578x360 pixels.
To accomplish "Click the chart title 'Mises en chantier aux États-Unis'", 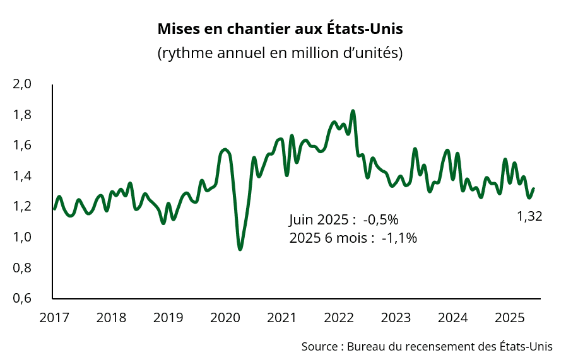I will (280, 29).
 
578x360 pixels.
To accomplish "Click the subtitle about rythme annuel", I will (280, 52).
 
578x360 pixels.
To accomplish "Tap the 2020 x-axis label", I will (225, 317).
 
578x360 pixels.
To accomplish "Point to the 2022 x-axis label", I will (339, 317).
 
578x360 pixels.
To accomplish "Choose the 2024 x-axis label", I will (454, 317).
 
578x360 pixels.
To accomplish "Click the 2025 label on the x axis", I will (511, 317).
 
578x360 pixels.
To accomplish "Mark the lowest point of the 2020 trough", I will (240, 249).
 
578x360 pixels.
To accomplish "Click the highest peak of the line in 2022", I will (353, 111).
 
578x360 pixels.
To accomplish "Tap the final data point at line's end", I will (533, 189).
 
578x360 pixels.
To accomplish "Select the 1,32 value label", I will (529, 216).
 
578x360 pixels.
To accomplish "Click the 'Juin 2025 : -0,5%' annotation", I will (344, 219).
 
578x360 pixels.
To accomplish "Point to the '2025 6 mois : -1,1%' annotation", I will (353, 238).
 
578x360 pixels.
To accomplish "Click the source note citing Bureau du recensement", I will (427, 346).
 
